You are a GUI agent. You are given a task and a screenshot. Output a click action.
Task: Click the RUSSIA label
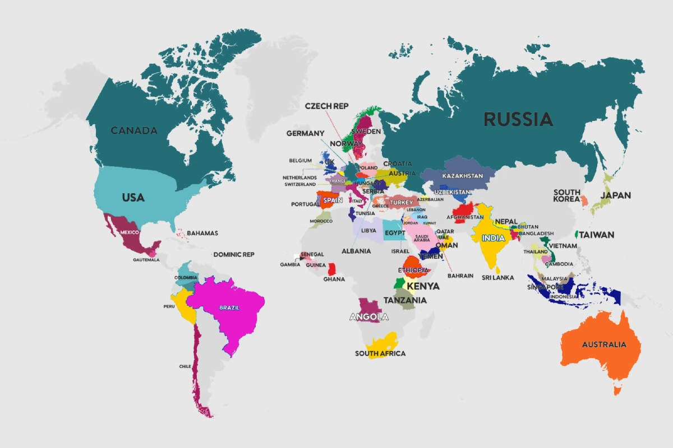[518, 119]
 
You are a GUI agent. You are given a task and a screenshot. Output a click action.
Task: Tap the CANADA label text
[134, 130]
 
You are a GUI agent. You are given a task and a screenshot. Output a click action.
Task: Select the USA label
[133, 198]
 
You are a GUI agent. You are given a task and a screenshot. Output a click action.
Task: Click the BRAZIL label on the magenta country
[229, 308]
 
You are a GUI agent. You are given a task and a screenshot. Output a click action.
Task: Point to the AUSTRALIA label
[603, 344]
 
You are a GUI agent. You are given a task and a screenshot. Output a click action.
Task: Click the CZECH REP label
[326, 106]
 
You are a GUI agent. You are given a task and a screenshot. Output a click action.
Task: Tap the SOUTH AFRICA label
[380, 353]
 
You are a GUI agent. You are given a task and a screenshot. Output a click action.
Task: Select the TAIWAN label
[597, 235]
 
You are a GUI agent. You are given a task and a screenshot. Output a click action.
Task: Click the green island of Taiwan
[577, 233]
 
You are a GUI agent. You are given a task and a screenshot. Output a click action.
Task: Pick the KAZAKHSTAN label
[462, 176]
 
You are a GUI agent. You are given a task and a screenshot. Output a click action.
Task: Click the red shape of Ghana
[332, 268]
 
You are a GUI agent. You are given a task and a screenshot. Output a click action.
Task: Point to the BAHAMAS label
[202, 233]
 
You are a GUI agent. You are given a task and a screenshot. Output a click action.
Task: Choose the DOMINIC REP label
[234, 254]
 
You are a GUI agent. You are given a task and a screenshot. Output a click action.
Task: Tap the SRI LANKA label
[498, 277]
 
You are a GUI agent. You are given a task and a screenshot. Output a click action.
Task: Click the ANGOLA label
[368, 317]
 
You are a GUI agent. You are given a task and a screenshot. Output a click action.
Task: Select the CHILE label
[186, 366]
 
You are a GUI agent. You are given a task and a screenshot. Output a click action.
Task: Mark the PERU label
[169, 306]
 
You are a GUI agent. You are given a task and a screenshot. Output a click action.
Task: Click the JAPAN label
[615, 195]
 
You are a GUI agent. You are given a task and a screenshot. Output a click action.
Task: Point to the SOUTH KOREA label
[566, 195]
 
